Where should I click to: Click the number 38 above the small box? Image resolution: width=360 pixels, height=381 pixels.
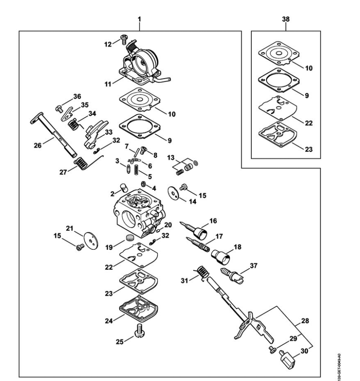286,19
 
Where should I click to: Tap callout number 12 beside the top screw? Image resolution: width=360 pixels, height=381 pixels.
108,45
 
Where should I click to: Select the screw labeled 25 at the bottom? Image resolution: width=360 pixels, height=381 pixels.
139,331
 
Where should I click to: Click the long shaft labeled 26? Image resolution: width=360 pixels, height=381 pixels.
53,135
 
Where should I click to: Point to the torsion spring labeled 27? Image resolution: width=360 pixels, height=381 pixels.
84,163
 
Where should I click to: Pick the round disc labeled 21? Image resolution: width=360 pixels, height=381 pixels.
91,241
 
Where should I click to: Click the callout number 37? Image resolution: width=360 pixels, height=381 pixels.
253,266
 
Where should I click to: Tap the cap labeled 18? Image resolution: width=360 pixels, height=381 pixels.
220,257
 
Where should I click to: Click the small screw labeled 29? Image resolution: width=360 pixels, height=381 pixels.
272,349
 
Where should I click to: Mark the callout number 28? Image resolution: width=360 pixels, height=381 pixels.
305,321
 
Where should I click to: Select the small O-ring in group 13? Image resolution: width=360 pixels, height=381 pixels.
195,163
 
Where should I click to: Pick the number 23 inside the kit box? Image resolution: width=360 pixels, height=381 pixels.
309,149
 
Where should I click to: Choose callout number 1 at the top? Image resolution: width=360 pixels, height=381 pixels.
139,19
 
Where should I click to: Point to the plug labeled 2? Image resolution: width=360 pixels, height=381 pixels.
124,188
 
